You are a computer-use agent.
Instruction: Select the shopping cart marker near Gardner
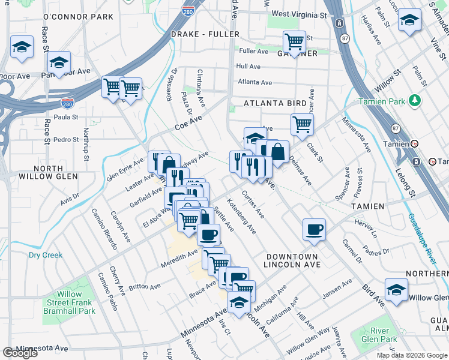[294, 42]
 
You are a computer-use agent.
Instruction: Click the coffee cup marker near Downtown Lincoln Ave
[314, 229]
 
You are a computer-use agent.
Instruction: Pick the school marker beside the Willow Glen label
[396, 290]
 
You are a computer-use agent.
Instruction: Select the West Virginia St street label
[298, 13]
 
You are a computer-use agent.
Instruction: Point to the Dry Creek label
[45, 255]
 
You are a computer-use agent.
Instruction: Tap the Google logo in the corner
[19, 353]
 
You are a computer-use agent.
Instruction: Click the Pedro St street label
[66, 139]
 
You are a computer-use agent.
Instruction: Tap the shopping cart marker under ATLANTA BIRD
[302, 124]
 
